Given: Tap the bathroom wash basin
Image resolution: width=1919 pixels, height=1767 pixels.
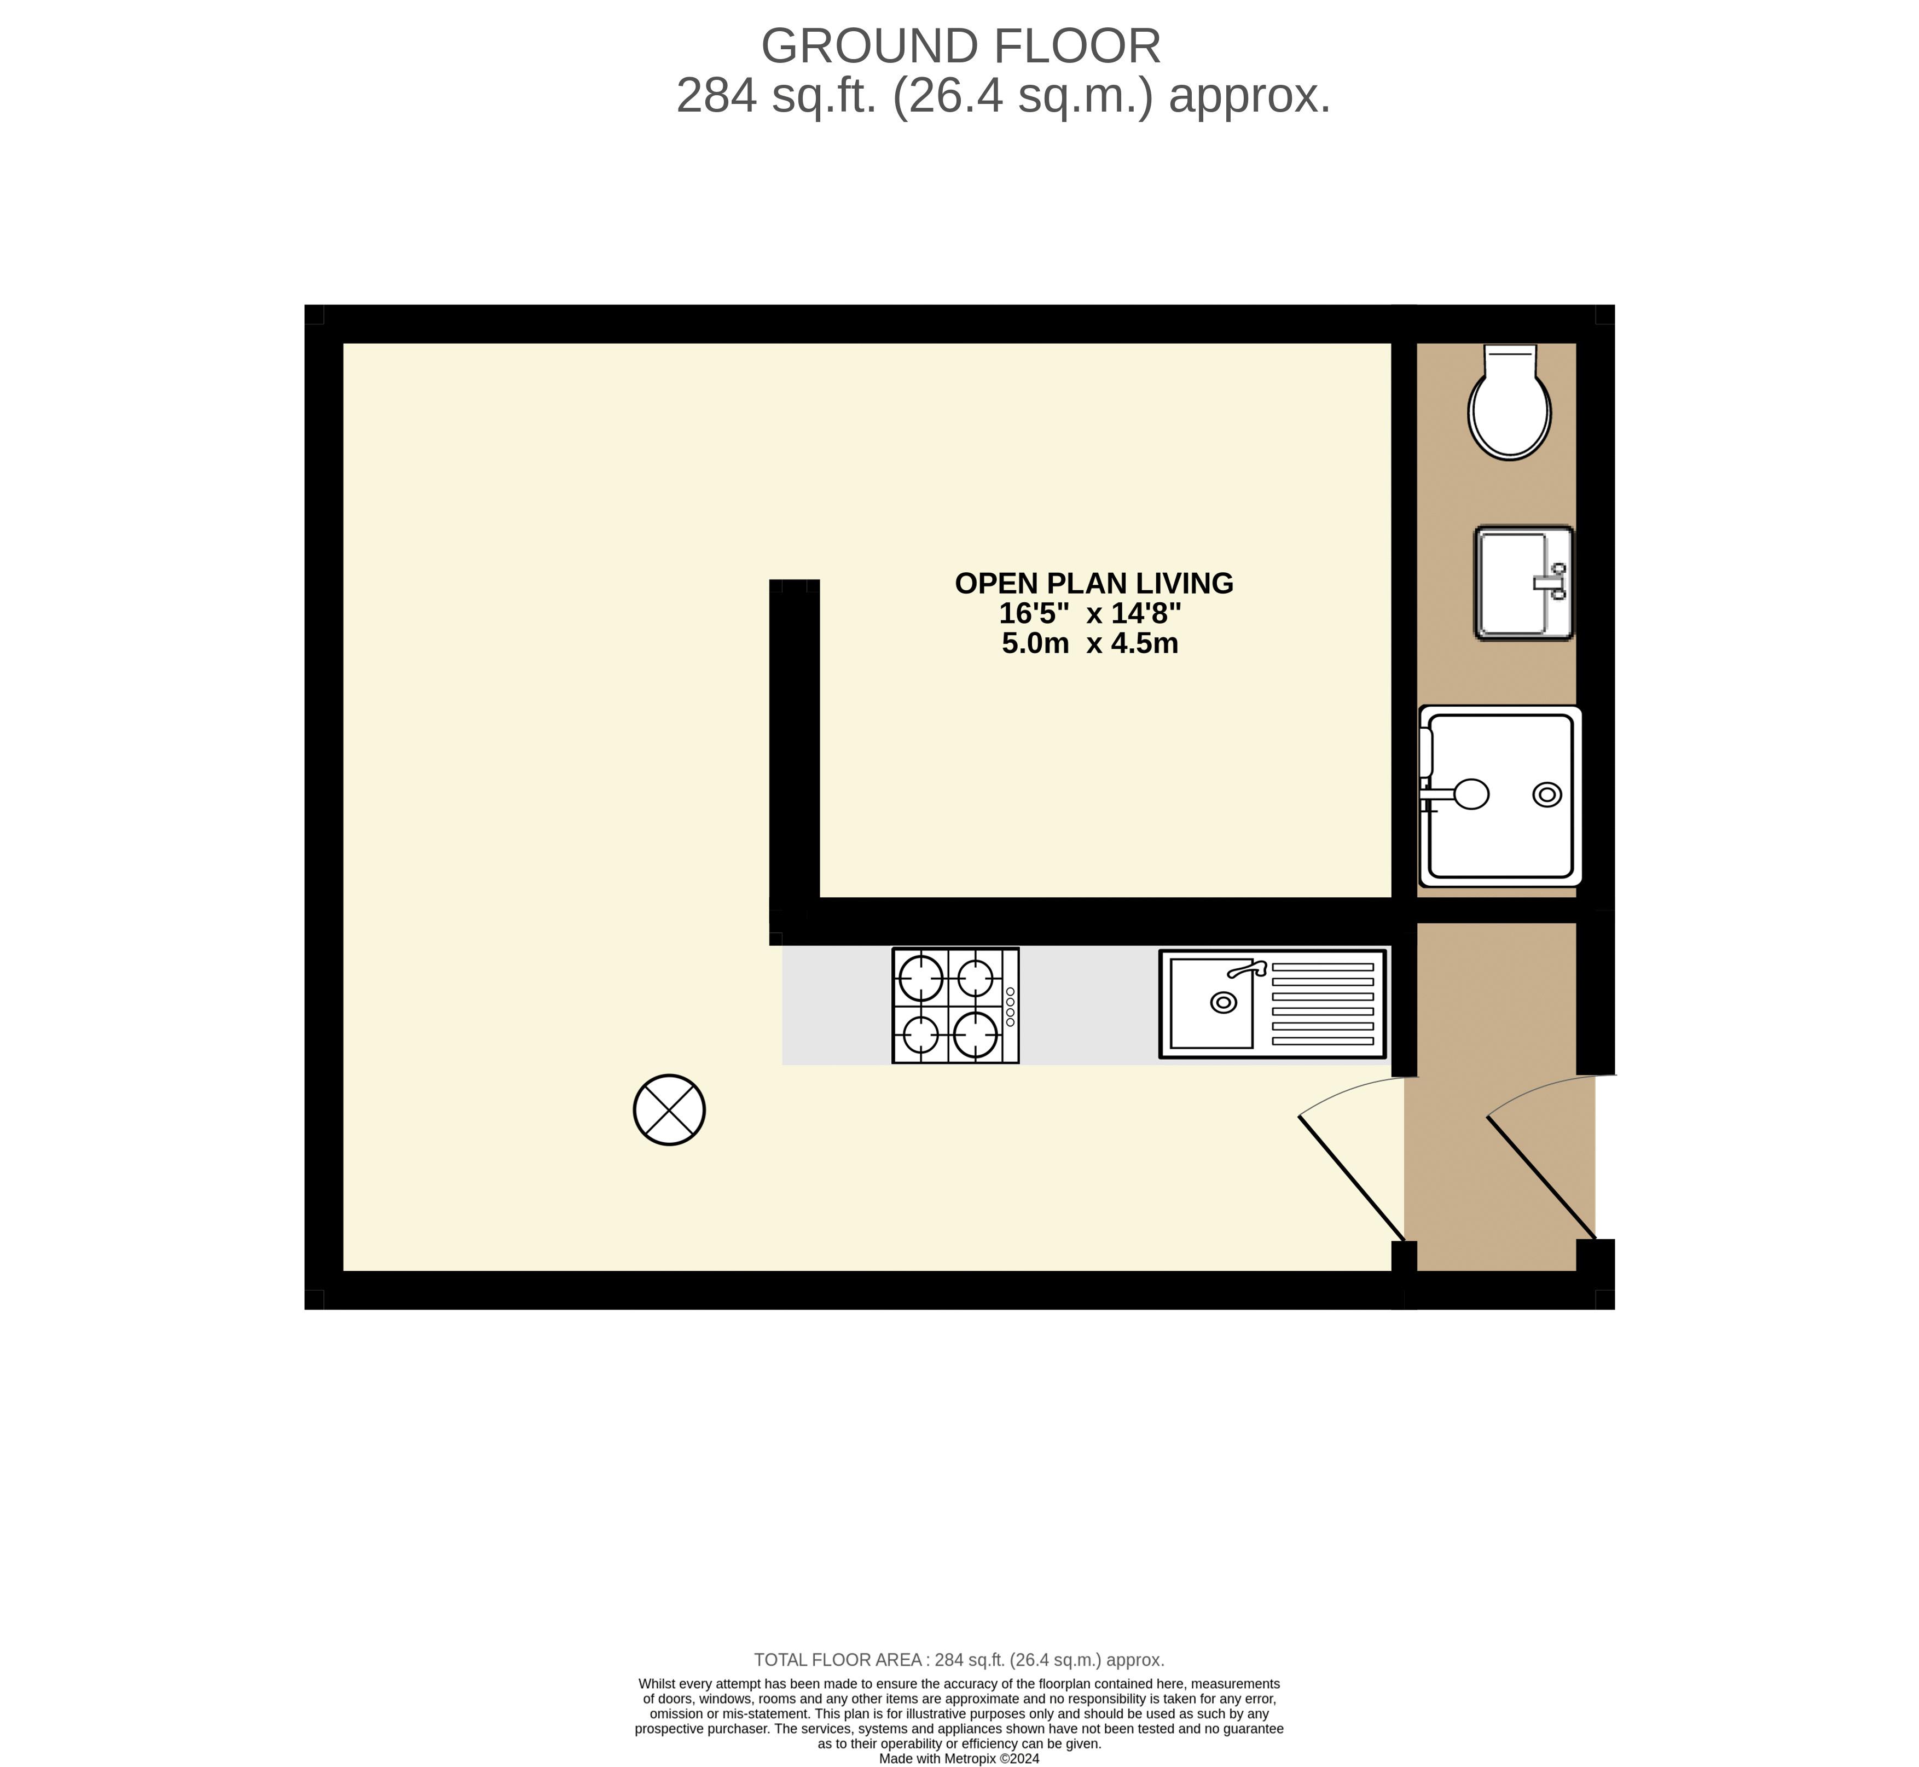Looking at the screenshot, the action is point(1524,582).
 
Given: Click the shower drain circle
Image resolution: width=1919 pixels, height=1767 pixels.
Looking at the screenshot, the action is point(1547,794).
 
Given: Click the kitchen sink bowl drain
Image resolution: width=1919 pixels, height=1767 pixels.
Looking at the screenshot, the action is point(1223,1002).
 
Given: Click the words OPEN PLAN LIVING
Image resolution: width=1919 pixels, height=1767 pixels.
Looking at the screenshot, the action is point(1094,583).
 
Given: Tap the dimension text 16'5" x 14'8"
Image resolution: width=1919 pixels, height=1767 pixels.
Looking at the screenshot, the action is point(1090,613).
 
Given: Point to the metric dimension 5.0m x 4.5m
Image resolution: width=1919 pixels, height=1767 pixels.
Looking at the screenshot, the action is point(1090,643).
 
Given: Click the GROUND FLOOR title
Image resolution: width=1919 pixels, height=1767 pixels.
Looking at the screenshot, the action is point(961,46).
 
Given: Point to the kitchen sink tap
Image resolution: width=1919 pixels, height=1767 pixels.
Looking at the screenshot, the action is point(1247,969).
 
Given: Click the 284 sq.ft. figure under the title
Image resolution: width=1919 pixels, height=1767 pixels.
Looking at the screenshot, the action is point(776,96).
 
